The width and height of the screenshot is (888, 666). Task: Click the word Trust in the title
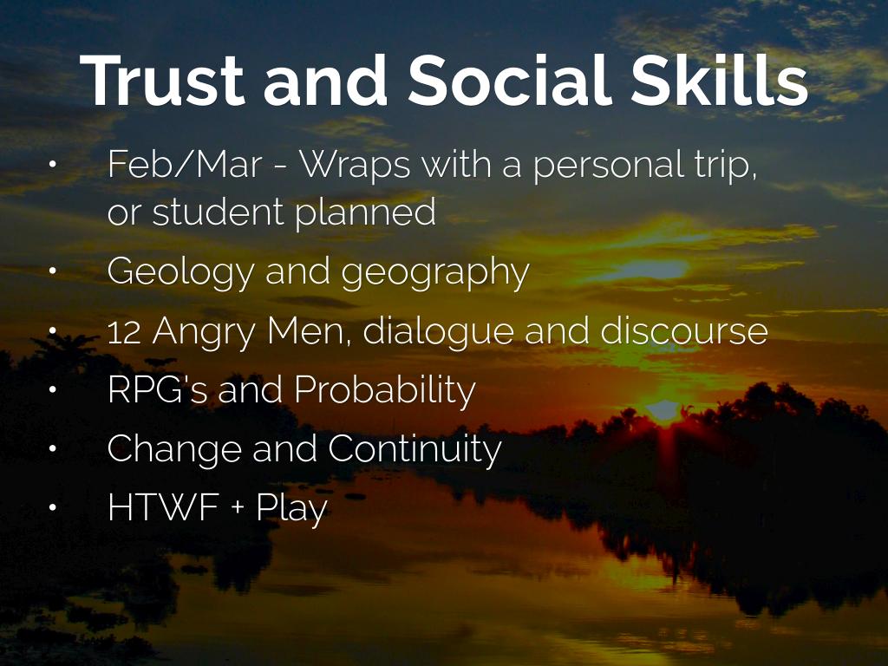coord(162,80)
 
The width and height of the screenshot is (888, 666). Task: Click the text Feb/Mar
coord(185,164)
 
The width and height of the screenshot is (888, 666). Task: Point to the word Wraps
coord(355,166)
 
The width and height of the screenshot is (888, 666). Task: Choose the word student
coord(219,212)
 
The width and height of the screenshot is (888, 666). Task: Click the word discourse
coord(684,330)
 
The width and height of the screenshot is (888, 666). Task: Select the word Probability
coord(385,391)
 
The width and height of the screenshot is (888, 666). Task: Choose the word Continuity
coord(415,450)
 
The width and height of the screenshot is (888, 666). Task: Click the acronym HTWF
coord(164,506)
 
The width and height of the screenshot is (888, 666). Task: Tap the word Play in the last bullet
coord(291,508)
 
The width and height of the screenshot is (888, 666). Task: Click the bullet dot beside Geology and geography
coord(53,271)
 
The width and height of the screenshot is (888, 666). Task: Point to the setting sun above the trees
coord(663,409)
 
